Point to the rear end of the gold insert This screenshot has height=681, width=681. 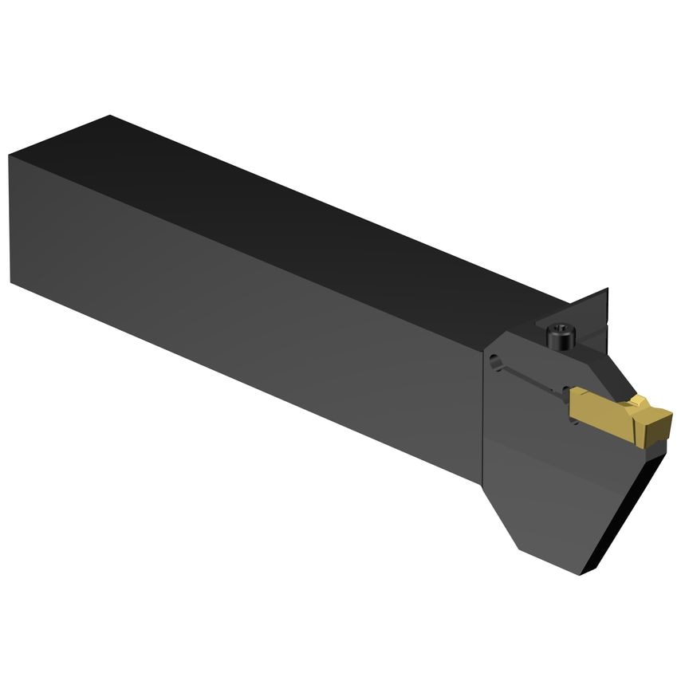[x=573, y=407]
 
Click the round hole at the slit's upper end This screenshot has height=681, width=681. [x=497, y=361]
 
